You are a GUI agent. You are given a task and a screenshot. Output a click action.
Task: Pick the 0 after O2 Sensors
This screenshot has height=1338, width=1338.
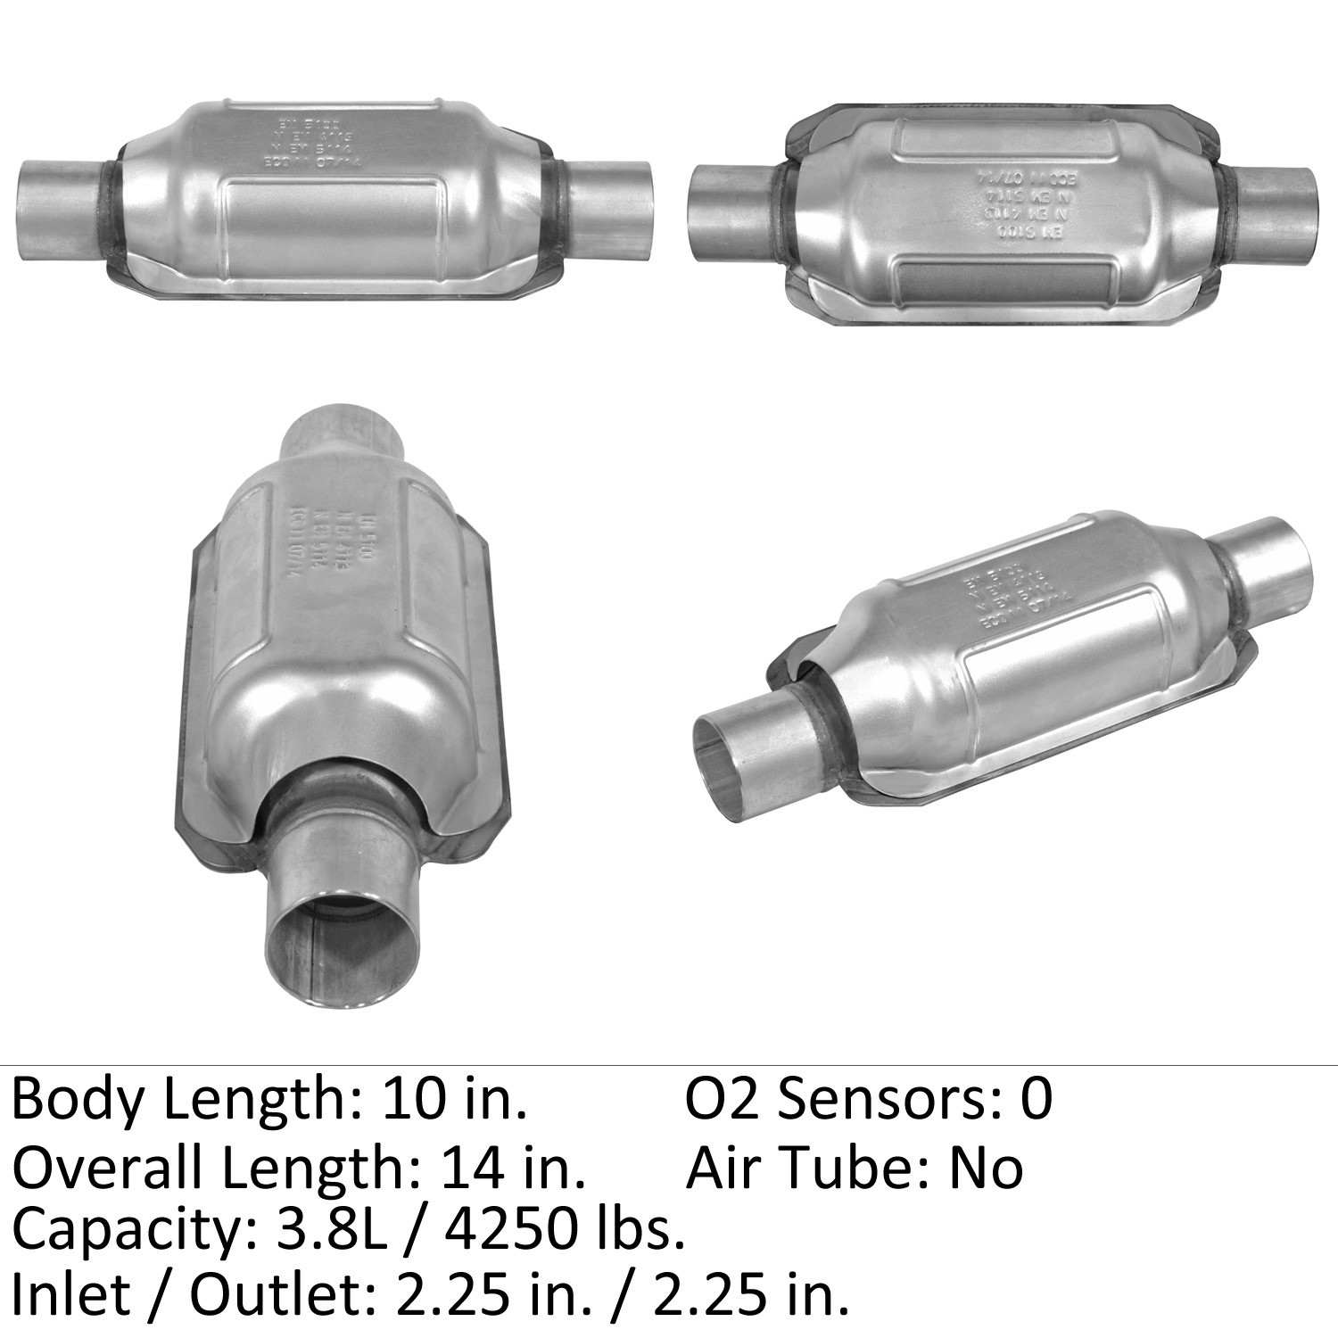(x=1037, y=1099)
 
